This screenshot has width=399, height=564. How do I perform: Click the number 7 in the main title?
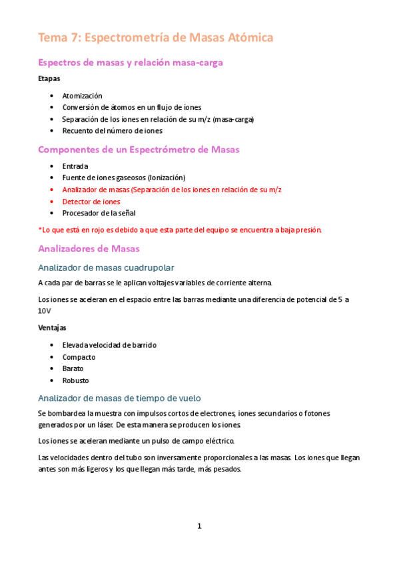tap(72, 37)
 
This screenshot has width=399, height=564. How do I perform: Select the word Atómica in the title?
tap(248, 37)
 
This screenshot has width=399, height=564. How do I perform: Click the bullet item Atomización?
tap(82, 96)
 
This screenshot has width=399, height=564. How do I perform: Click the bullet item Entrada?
tap(75, 166)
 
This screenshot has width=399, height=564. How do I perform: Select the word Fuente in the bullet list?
tap(73, 178)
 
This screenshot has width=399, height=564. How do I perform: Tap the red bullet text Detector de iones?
tap(91, 202)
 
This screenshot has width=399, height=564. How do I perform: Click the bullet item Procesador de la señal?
tap(99, 213)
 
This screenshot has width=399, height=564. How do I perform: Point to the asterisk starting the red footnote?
tap(40, 229)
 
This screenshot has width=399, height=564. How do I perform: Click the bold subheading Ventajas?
tap(53, 328)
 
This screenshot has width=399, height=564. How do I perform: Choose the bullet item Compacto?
tap(79, 357)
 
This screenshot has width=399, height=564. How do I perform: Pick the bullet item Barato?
tap(73, 368)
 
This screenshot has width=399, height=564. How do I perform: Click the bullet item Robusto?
tap(75, 380)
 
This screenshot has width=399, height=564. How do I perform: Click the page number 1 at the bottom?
tap(199, 526)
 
